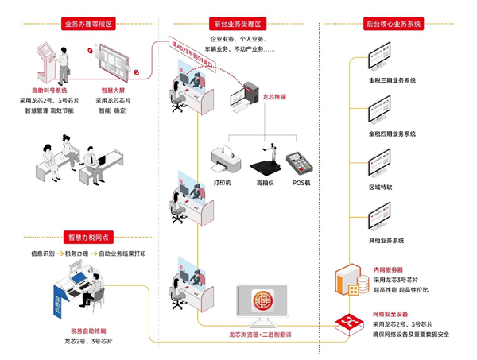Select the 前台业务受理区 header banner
[238, 24]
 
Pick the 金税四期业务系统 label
[391, 134]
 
